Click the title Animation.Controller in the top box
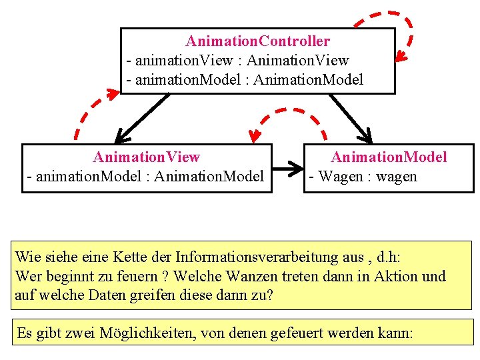pyautogui.click(x=257, y=41)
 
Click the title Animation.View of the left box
pyautogui.click(x=147, y=157)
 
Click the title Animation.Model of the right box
pyautogui.click(x=389, y=157)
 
